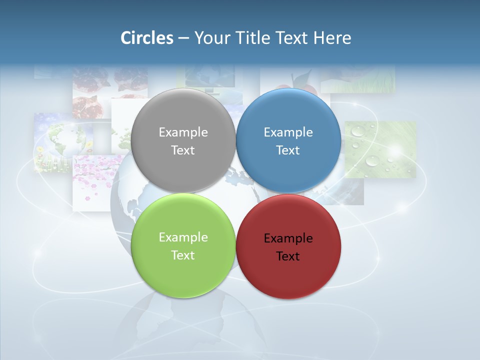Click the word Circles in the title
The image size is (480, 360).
[146, 38]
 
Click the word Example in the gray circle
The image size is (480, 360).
[183, 132]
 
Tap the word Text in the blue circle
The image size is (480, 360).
[288, 150]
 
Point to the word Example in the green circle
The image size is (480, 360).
[183, 237]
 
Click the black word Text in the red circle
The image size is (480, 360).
[288, 256]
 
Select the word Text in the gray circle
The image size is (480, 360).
[183, 150]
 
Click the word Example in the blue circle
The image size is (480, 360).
[288, 132]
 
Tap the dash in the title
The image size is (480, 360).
[183, 38]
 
